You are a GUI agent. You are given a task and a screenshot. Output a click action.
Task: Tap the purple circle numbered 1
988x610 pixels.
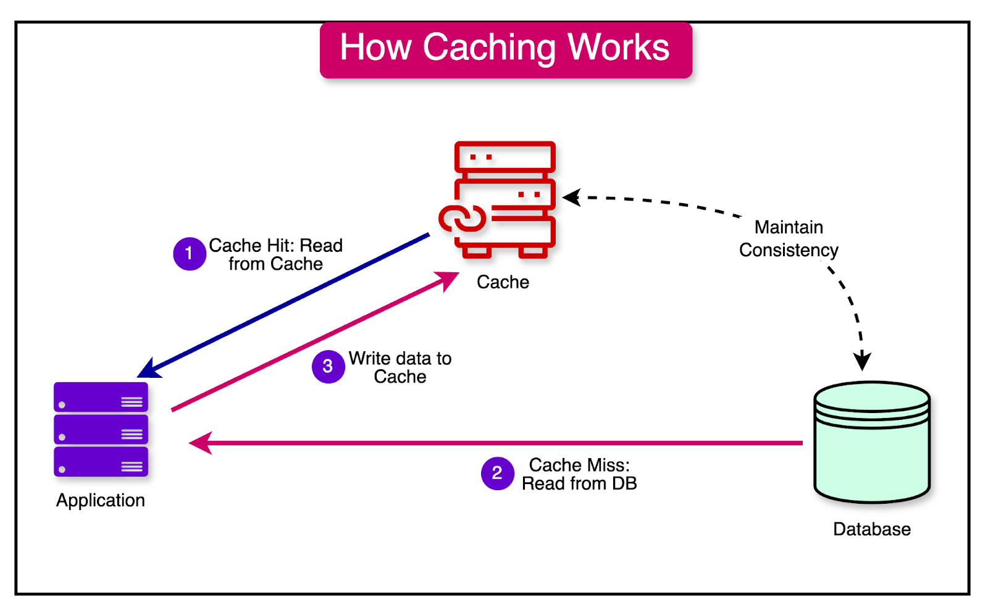[x=190, y=254]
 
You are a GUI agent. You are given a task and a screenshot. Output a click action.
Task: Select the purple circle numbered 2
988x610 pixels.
[x=497, y=474]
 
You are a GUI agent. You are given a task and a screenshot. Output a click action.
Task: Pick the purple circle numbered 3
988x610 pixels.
[x=328, y=367]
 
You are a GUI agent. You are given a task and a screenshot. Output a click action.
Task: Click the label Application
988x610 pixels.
[x=101, y=500]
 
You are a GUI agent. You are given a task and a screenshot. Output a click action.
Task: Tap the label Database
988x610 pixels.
[x=871, y=529]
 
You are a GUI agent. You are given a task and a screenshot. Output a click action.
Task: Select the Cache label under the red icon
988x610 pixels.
[x=503, y=282]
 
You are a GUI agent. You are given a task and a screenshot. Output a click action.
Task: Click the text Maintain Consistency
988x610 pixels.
[x=789, y=239]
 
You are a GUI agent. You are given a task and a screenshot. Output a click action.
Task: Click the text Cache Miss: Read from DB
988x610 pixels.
[x=579, y=474]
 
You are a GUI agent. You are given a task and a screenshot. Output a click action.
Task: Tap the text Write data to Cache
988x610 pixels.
[x=400, y=367]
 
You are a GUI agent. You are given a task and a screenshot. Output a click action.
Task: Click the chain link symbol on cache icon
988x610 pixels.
[x=463, y=219]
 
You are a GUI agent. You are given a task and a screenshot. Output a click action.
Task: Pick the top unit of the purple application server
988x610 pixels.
[x=101, y=397]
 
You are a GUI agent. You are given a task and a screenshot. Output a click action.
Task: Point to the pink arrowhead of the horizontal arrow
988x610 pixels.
[x=199, y=443]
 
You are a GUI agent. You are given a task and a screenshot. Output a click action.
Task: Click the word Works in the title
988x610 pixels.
[x=618, y=48]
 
